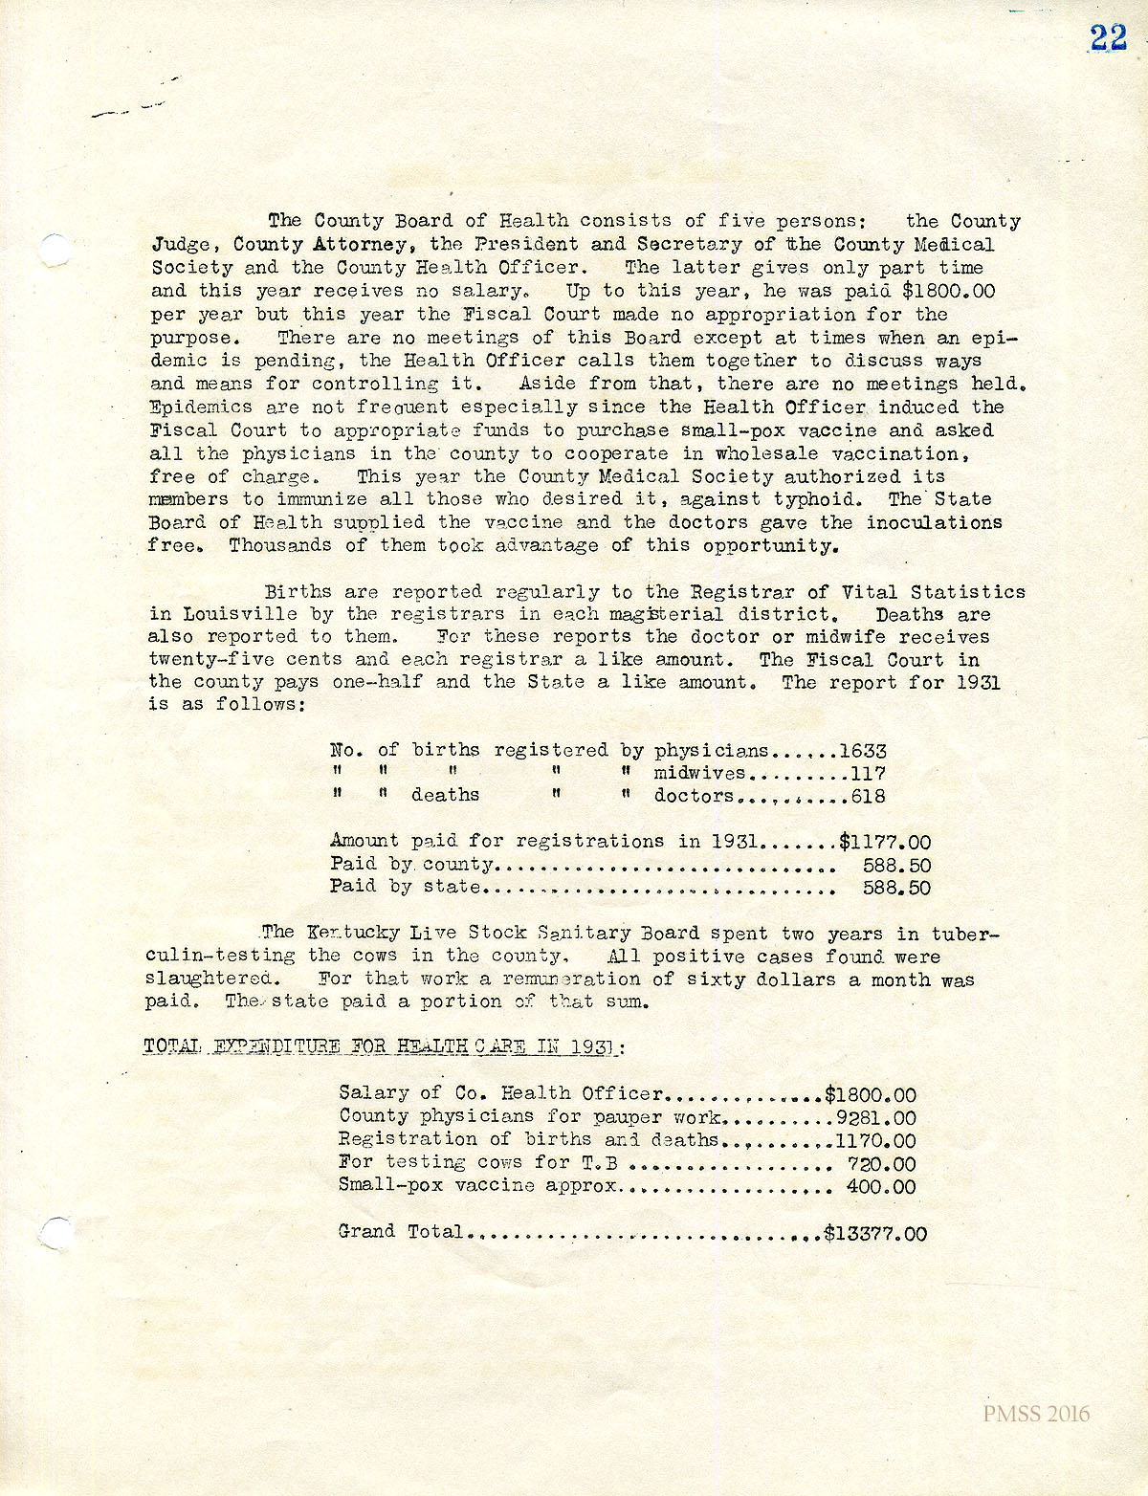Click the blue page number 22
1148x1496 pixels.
[1109, 37]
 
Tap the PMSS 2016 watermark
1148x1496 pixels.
[1035, 1414]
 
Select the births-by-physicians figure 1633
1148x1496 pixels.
[863, 751]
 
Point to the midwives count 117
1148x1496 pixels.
[869, 774]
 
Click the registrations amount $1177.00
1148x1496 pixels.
[885, 843]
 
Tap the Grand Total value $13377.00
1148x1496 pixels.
[875, 1234]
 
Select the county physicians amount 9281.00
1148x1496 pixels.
[875, 1117]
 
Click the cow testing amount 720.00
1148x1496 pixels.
[881, 1164]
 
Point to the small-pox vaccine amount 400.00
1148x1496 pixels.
[881, 1187]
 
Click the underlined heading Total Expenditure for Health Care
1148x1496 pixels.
[383, 1046]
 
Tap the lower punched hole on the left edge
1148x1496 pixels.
[56, 1231]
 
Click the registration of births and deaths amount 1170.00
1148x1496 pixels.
[875, 1140]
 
